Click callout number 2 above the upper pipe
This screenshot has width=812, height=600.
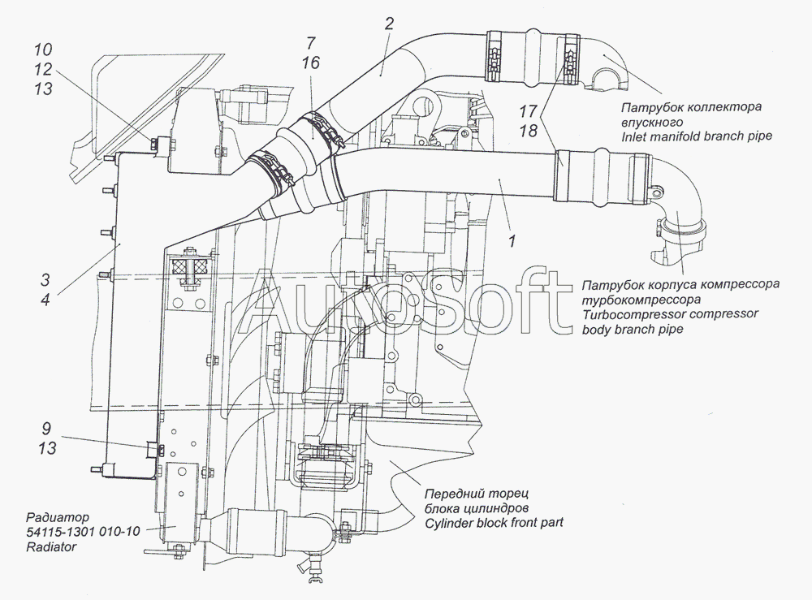point(390,24)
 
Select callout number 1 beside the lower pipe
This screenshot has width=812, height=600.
point(512,240)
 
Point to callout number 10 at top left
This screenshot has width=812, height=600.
point(44,50)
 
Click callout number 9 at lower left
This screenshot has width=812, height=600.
point(46,429)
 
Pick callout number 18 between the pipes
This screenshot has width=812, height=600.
point(529,131)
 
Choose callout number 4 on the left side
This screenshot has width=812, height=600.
point(45,300)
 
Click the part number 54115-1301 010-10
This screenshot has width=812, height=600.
point(83,532)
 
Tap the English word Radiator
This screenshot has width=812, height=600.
point(51,546)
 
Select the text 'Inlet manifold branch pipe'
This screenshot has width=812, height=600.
point(697,136)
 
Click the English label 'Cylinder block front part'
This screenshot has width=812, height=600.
point(494,522)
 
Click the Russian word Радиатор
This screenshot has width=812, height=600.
point(58,517)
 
